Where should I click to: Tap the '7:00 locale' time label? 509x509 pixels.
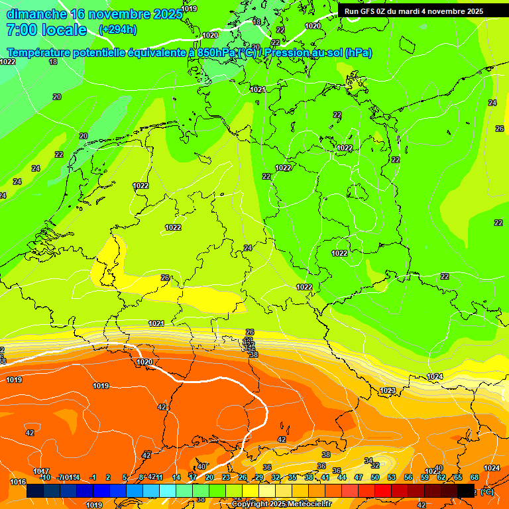[x=46, y=30]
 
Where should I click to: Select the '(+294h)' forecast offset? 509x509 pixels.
[x=118, y=29]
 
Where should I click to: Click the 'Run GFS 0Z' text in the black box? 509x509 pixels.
[x=367, y=11]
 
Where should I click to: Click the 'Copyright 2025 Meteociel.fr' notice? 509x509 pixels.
[x=282, y=504]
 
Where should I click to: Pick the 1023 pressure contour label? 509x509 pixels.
[x=388, y=390]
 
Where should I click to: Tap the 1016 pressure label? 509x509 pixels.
[x=18, y=482]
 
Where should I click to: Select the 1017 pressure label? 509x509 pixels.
[x=41, y=471]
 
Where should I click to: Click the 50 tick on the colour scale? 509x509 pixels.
[x=375, y=477]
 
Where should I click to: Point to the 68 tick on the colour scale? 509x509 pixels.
[x=475, y=477]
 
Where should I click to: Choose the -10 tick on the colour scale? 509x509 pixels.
[x=45, y=477]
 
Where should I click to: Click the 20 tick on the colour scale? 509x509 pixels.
[x=209, y=477]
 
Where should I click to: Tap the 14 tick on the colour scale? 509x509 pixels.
[x=176, y=477]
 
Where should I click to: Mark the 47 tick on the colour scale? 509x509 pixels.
[x=359, y=477]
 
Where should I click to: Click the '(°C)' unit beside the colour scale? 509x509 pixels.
[x=486, y=492]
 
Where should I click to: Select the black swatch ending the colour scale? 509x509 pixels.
[x=466, y=491]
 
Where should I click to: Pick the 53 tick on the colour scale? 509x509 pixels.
[x=392, y=477]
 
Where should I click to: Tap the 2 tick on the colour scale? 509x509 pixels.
[x=108, y=477]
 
